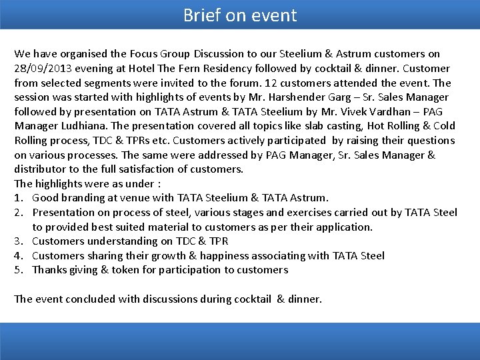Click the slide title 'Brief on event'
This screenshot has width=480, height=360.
pyautogui.click(x=240, y=15)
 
